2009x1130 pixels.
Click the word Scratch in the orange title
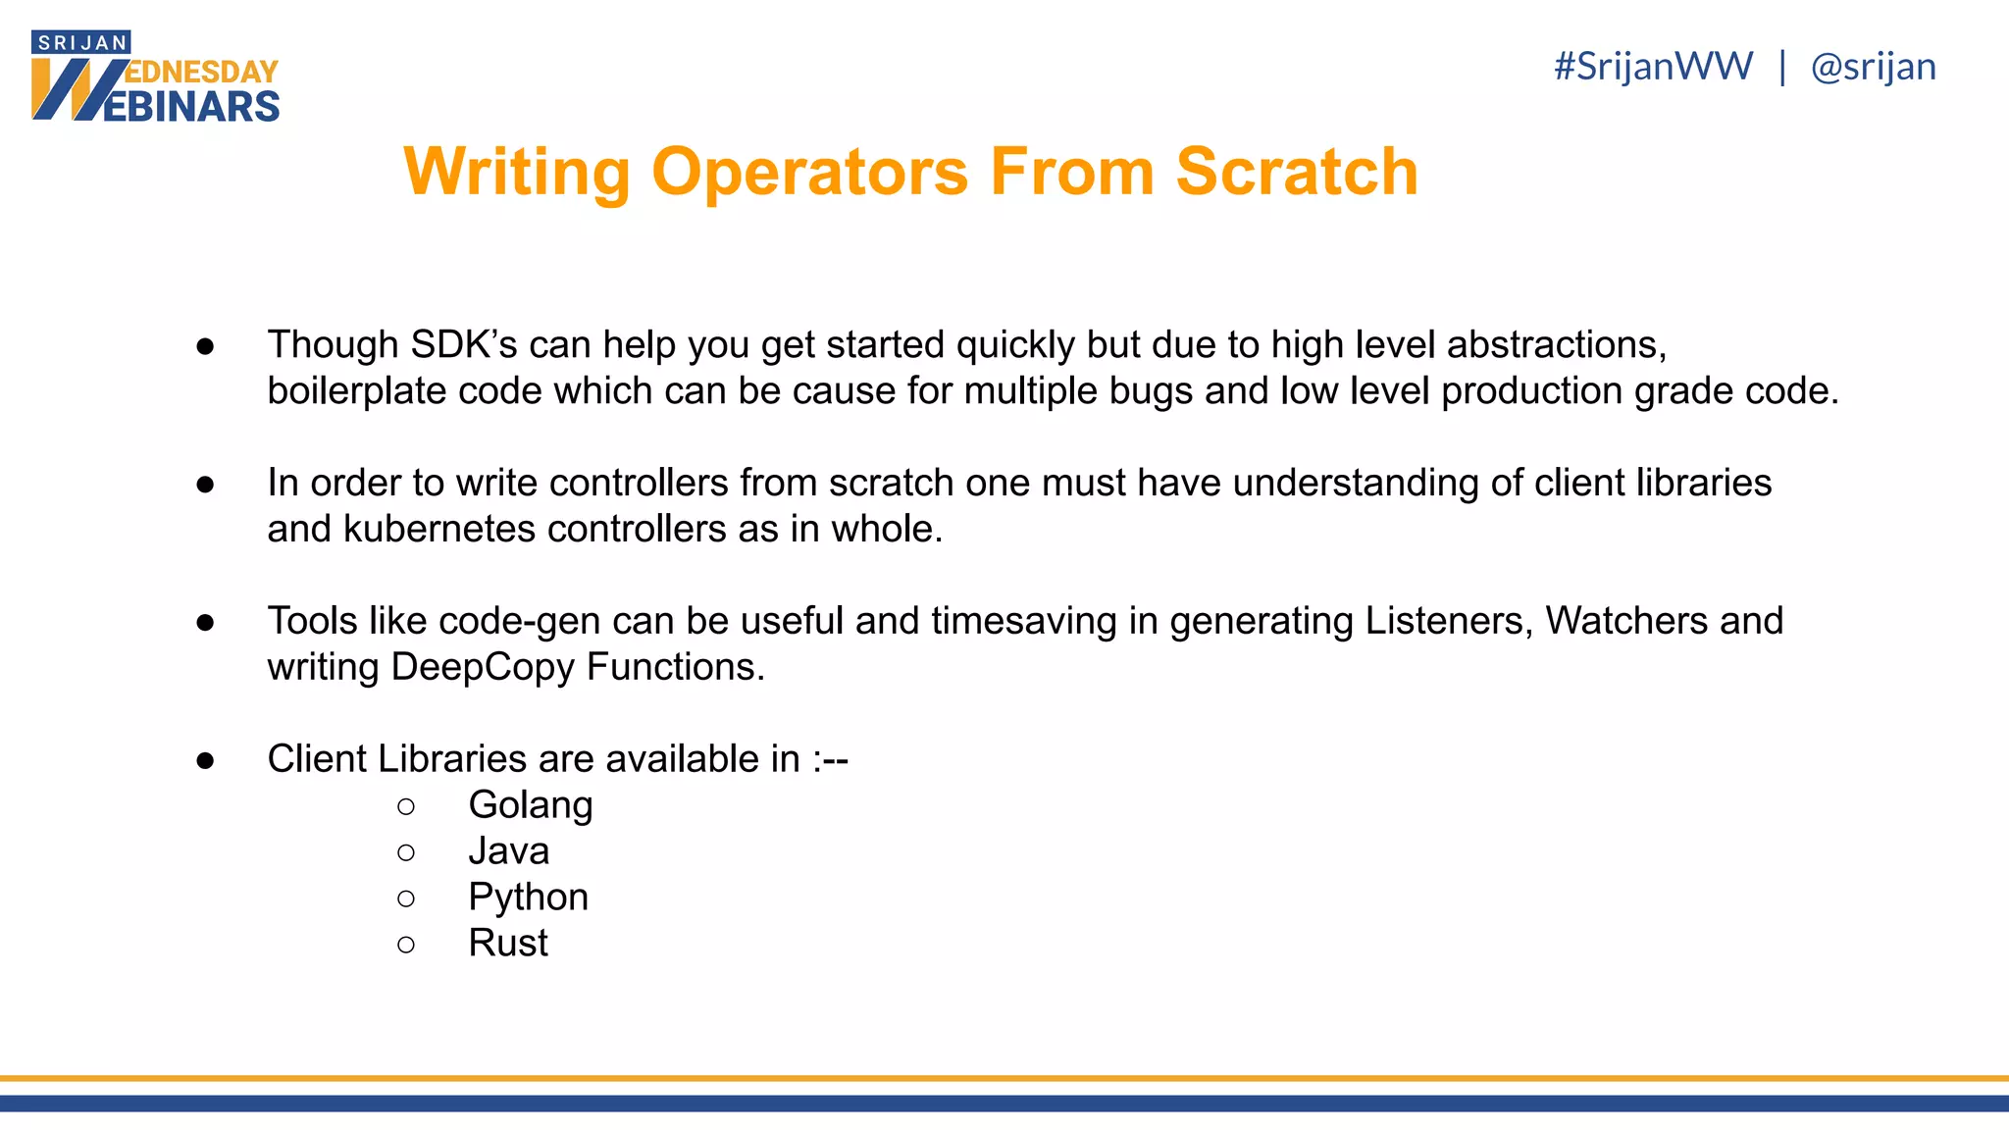pos(1296,173)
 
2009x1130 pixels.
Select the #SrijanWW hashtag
pos(1653,67)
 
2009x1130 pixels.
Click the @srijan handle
pos(1873,67)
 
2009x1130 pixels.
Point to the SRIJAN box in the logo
pos(81,43)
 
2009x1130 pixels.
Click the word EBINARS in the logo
pos(191,106)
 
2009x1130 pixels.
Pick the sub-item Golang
pos(530,805)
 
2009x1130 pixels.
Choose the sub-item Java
pos(508,851)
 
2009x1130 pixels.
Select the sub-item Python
pos(528,898)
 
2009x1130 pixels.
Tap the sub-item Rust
pos(507,944)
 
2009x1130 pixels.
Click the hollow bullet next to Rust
pos(406,945)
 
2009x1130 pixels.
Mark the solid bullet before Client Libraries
pos(205,760)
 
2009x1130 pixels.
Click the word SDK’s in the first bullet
pos(463,345)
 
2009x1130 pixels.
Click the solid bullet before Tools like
pos(205,622)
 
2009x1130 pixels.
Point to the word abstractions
pos(1556,345)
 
